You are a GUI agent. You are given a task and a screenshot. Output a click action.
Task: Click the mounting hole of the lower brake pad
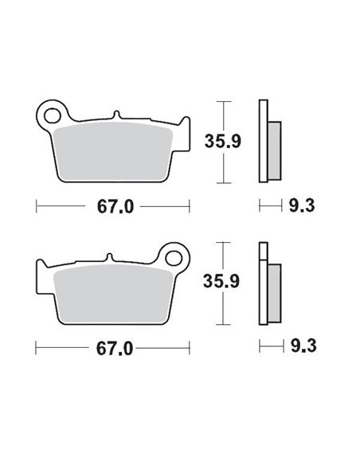175,256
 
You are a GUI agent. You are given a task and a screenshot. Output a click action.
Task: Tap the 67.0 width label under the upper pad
112,205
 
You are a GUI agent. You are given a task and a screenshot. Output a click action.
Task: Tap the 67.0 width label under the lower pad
112,348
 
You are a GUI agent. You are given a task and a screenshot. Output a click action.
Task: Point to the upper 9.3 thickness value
300,205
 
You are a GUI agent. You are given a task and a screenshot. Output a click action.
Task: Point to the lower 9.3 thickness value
300,348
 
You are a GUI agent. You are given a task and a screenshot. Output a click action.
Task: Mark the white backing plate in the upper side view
264,140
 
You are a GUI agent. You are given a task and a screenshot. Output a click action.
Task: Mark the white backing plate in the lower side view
264,283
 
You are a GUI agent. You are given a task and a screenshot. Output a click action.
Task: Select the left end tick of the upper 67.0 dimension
37,205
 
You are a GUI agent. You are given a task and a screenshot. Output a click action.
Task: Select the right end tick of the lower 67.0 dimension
188,348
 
